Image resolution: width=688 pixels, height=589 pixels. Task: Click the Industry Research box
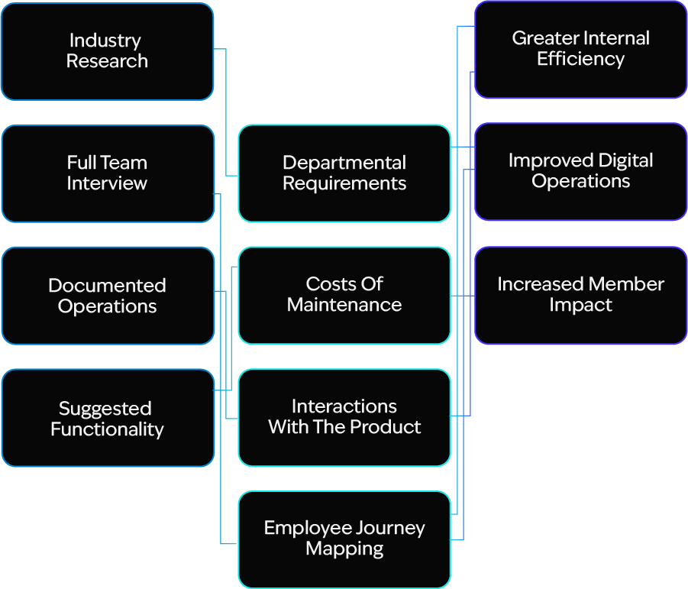click(107, 51)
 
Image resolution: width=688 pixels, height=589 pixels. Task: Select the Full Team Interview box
click(107, 173)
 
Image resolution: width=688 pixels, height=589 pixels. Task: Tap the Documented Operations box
click(107, 296)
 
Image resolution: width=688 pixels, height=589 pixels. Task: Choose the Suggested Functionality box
click(107, 418)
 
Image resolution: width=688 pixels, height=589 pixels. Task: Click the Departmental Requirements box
click(344, 173)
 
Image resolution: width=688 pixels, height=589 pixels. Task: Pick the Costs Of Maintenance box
click(344, 295)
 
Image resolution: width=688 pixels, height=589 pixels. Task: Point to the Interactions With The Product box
click(344, 417)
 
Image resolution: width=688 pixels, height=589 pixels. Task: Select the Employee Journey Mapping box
click(344, 539)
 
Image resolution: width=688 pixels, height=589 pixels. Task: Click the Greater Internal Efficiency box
click(580, 49)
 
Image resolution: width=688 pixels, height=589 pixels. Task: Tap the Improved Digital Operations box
click(580, 171)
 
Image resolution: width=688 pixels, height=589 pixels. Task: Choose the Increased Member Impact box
click(580, 295)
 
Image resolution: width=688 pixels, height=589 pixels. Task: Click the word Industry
click(105, 40)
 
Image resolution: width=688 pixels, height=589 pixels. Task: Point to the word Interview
click(107, 183)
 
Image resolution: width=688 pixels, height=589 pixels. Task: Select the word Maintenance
click(344, 305)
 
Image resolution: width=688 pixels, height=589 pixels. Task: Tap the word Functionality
click(107, 429)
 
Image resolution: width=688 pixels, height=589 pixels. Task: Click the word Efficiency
click(580, 60)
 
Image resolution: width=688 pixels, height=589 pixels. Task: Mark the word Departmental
click(344, 163)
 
